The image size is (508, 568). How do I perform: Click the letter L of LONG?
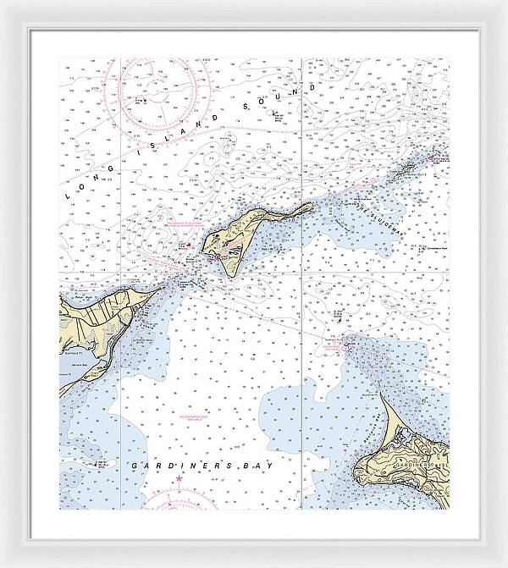70,195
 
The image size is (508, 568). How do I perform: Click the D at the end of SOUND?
313,87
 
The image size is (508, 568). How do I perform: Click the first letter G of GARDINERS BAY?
135,466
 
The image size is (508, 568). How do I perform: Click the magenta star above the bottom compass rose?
179,481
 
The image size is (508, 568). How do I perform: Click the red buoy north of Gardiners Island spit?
340,320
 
